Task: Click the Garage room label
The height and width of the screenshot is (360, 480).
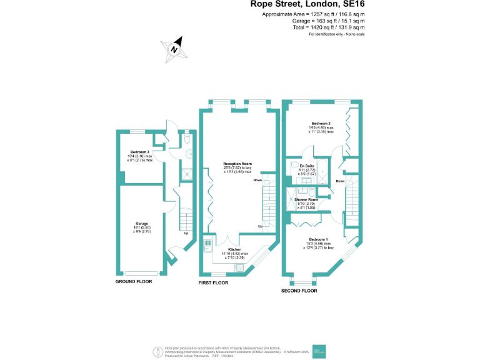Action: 142,223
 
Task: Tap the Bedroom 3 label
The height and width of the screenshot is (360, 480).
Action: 139,152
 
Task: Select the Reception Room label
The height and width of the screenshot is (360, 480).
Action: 237,164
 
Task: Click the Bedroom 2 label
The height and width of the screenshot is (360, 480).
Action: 321,124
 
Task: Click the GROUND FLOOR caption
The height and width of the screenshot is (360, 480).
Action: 134,282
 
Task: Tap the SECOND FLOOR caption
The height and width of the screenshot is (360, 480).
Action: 299,291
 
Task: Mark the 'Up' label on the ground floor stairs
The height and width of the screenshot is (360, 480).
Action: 186,234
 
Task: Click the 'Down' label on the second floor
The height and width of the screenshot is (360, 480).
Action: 339,181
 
